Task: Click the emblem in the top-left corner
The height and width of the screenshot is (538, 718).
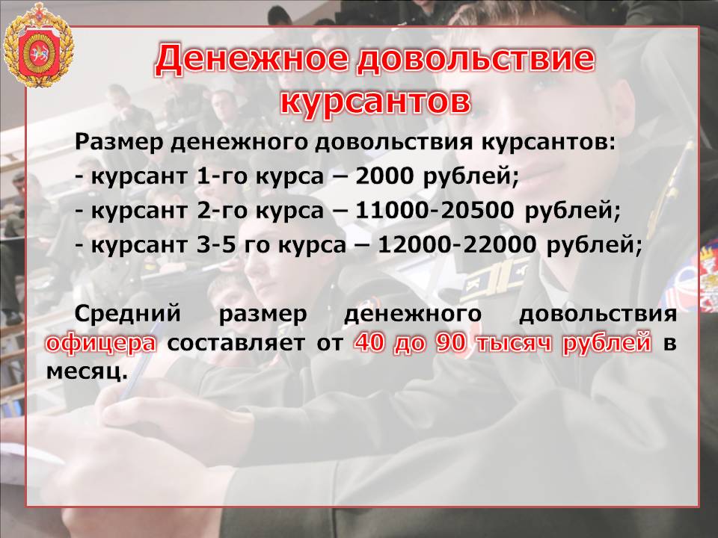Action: tap(38, 45)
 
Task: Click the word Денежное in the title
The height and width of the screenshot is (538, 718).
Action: tap(254, 61)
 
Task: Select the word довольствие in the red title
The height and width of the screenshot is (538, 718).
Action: tap(476, 61)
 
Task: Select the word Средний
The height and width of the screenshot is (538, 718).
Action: tap(128, 315)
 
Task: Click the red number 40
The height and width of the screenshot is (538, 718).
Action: tap(369, 343)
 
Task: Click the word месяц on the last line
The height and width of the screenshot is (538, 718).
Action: tap(86, 372)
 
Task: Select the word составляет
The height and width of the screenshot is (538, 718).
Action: tap(236, 343)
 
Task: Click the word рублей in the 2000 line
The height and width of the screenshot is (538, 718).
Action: tap(470, 176)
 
